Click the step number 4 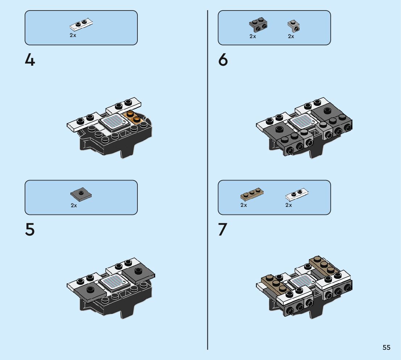pos(30,61)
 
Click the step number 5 pos(30,229)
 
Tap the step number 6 pos(223,60)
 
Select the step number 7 pos(223,229)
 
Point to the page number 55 pos(386,347)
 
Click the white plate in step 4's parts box pos(81,25)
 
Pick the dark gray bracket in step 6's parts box pos(258,25)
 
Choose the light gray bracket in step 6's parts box pos(294,26)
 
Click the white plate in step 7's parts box pos(297,195)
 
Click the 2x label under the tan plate pos(244,205)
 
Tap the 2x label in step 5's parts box pos(74,205)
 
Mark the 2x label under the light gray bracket pos(291,36)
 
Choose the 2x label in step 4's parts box pos(73,35)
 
